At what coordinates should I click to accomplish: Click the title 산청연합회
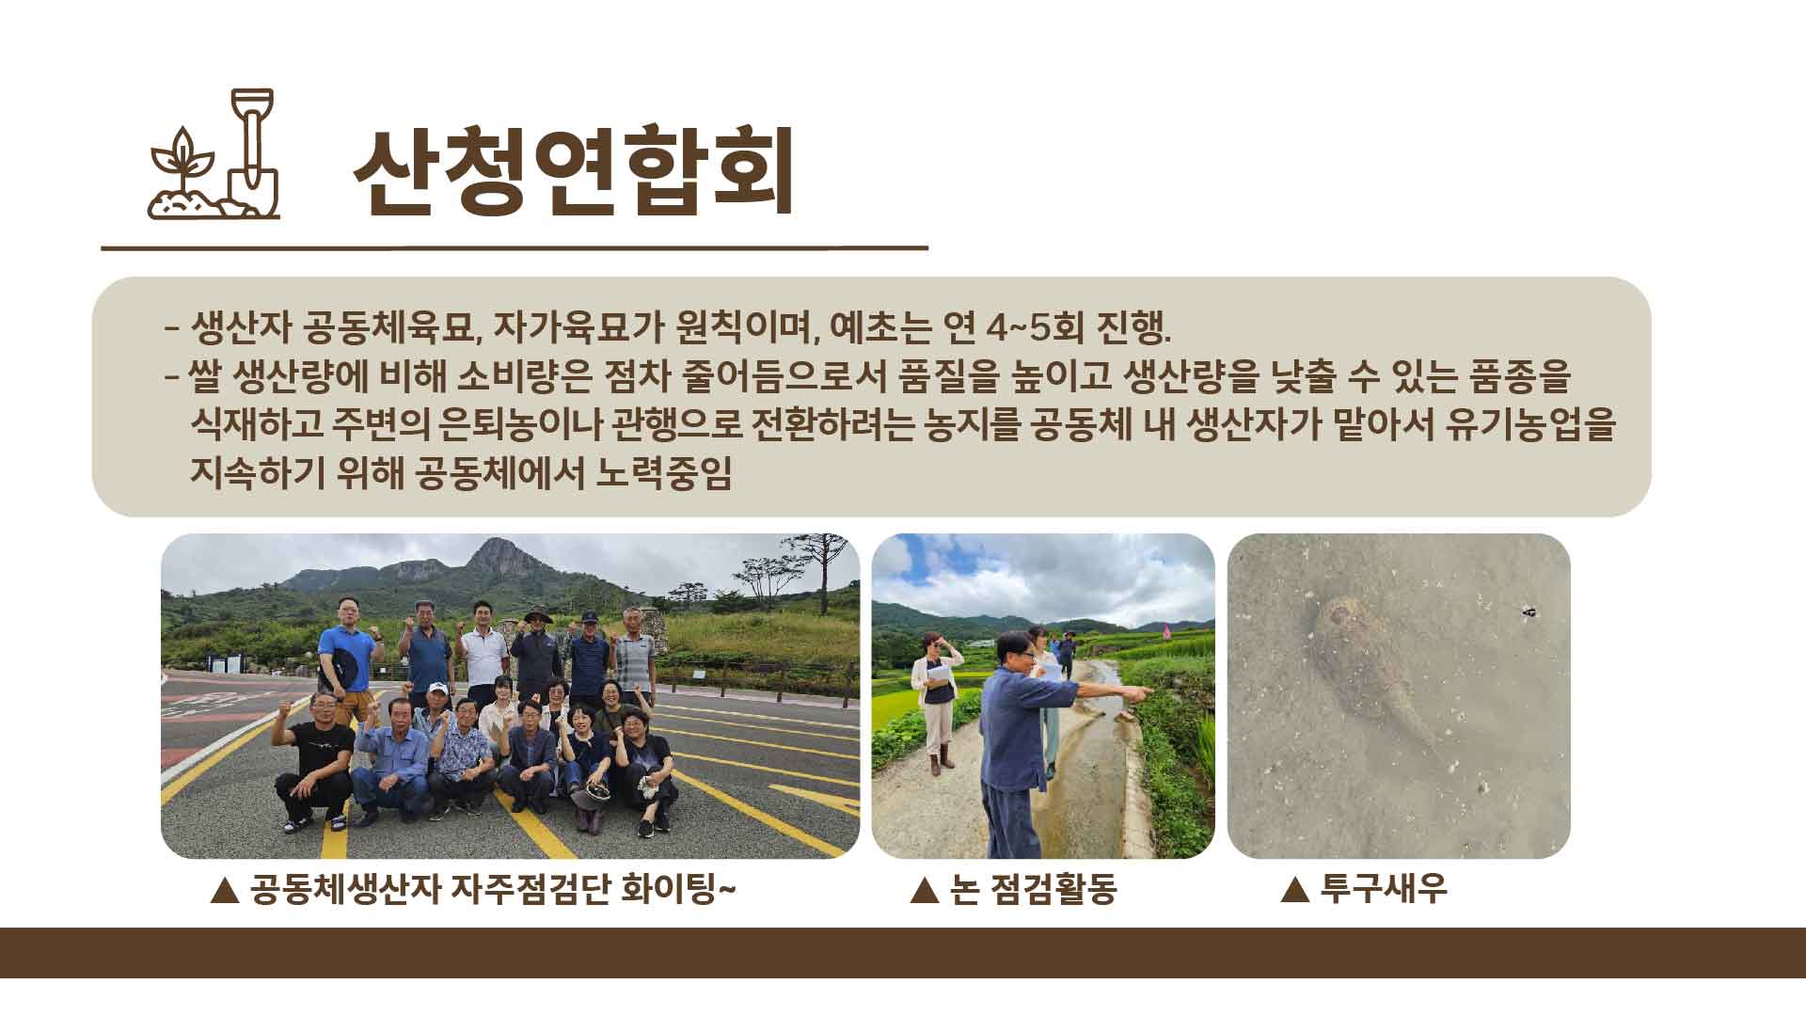coord(574,170)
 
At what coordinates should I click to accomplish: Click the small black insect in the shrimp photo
coord(1529,612)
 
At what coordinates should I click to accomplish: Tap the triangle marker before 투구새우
coord(1296,889)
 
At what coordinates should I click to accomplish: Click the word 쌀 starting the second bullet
coord(206,376)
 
